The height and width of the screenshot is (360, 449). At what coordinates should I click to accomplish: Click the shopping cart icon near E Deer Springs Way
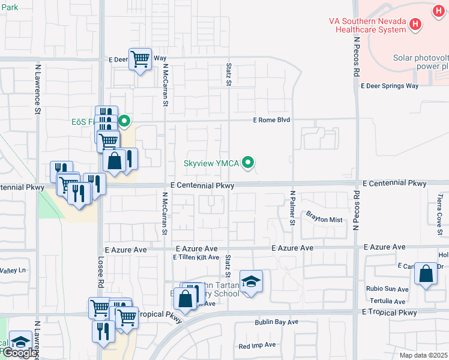click(x=140, y=59)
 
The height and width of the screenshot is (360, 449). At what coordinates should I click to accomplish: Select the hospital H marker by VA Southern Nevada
click(x=415, y=25)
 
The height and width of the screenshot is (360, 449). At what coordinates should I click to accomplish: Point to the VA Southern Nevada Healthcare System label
click(x=367, y=25)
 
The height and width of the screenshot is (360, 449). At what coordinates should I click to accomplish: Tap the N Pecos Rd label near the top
click(x=356, y=56)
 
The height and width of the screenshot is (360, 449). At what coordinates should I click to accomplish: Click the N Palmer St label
click(x=293, y=208)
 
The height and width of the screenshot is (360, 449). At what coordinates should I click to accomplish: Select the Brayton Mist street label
click(x=324, y=220)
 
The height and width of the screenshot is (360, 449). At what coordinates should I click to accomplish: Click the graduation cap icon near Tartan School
click(x=250, y=281)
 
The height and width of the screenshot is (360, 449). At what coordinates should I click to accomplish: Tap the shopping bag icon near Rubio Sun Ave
click(x=426, y=274)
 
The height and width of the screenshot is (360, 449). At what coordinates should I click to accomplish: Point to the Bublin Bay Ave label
click(x=276, y=322)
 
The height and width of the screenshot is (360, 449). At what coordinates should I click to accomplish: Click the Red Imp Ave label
click(x=257, y=345)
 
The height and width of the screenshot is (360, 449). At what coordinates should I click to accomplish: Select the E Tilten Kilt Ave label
click(x=196, y=257)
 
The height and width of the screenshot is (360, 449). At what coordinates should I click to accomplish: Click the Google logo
click(x=19, y=353)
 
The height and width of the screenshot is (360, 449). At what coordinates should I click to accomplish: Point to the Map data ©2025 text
click(x=424, y=355)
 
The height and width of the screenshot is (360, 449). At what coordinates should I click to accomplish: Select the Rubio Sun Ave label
click(x=387, y=289)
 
